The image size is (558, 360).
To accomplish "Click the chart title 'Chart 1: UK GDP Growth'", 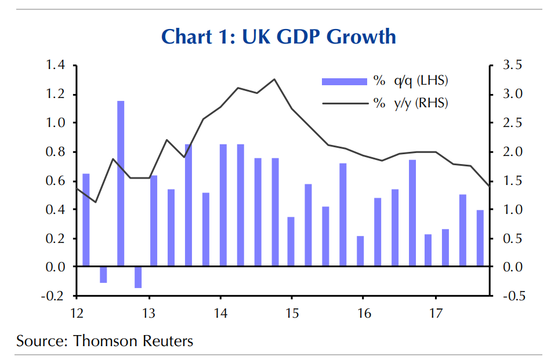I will pyautogui.click(x=278, y=37).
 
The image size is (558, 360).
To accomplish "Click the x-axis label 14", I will pyautogui.click(x=220, y=314).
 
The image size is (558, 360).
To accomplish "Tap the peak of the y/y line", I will pyautogui.click(x=274, y=79).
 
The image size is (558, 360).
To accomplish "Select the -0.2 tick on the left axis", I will pyautogui.click(x=54, y=296).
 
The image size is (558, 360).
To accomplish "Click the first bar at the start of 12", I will pyautogui.click(x=86, y=220).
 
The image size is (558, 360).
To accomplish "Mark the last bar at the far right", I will pyautogui.click(x=480, y=238).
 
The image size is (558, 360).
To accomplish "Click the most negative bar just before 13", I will pyautogui.click(x=138, y=278).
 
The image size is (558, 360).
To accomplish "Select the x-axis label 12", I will pyautogui.click(x=77, y=314).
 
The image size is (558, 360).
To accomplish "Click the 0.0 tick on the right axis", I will pyautogui.click(x=513, y=267).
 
